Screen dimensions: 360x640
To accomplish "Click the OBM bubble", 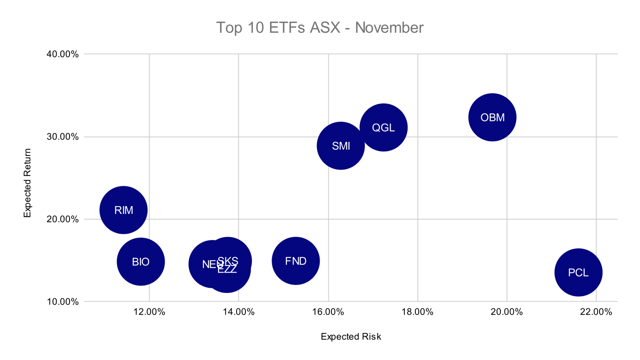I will tap(492, 117).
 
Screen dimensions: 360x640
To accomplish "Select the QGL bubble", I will tap(383, 127).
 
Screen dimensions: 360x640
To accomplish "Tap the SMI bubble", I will tap(341, 146).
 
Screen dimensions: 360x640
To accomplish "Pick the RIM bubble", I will tap(123, 210).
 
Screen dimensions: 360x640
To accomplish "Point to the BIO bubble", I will tap(140, 262).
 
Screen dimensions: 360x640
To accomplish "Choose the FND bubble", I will tap(295, 261).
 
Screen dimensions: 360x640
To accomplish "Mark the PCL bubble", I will tap(578, 272).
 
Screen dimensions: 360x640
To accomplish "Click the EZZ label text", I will tap(227, 270).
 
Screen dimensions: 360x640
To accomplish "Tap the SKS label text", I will tap(228, 260).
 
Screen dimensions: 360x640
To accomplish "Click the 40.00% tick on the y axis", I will tap(62, 54).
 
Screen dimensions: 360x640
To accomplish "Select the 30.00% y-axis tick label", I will tap(62, 137).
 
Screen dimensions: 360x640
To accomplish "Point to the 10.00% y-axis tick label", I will tap(62, 302).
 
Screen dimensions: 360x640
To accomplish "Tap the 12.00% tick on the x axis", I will tap(149, 312).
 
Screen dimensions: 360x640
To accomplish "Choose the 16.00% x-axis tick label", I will tap(328, 312).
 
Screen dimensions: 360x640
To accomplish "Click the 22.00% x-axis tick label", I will tap(596, 312).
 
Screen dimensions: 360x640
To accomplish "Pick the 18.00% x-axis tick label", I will tap(417, 312).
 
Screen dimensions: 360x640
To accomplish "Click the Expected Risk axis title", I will tap(351, 337).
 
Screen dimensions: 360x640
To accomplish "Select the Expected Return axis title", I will tap(27, 182).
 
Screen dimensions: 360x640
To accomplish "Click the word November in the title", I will tap(389, 27).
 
